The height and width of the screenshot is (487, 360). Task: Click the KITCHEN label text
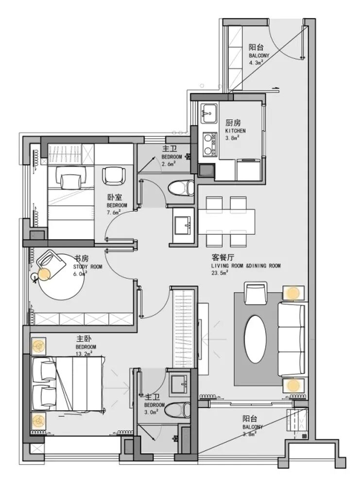(x=235, y=131)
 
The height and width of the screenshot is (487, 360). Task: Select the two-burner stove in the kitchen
(x=210, y=143)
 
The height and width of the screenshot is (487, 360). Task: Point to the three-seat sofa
(x=291, y=339)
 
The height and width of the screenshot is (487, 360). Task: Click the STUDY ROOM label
(x=87, y=266)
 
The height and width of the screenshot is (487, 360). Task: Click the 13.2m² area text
(x=84, y=353)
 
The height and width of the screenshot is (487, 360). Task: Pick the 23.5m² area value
(x=220, y=272)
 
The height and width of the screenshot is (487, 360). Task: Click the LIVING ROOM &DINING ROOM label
(x=246, y=265)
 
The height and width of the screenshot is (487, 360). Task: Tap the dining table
(x=226, y=222)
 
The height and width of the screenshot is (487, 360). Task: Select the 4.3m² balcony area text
(x=256, y=62)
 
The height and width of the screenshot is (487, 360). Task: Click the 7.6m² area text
(x=114, y=212)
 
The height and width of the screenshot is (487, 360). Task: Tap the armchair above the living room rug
(x=256, y=293)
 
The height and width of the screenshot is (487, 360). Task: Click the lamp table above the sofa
(x=293, y=293)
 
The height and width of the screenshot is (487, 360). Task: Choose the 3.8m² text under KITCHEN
(x=232, y=138)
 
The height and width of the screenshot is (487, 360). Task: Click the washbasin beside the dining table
(x=184, y=225)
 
